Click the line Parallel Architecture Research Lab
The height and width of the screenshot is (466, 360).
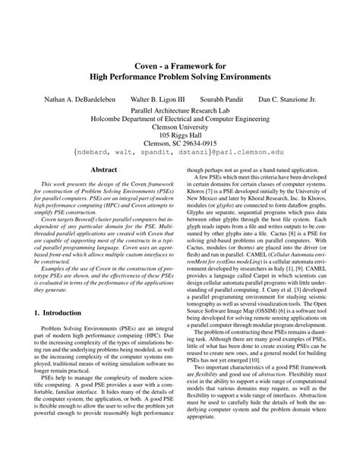pyautogui.click(x=180, y=111)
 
